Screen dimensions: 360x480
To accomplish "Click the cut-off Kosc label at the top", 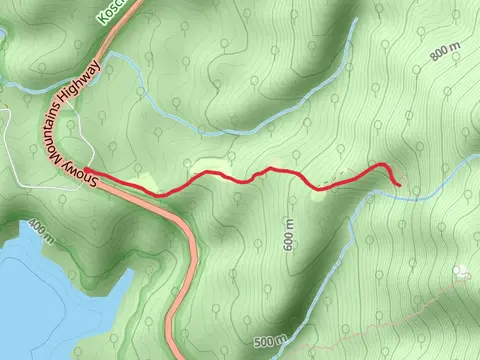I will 110,13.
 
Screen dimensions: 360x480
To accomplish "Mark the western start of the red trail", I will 87,170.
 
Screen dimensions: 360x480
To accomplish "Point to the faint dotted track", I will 400,300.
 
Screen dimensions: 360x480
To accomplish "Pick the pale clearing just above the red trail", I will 205,165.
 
